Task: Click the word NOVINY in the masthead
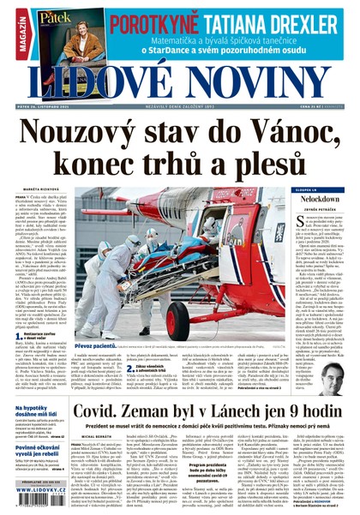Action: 257,82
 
